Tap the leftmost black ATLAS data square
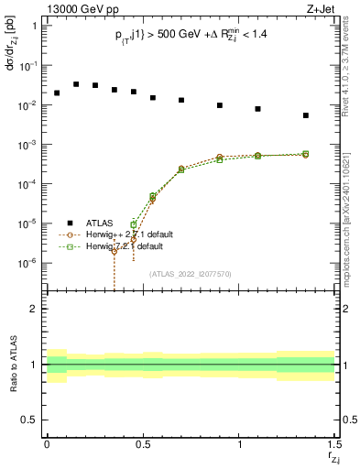57,93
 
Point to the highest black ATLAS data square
76,83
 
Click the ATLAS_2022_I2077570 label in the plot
191,273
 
